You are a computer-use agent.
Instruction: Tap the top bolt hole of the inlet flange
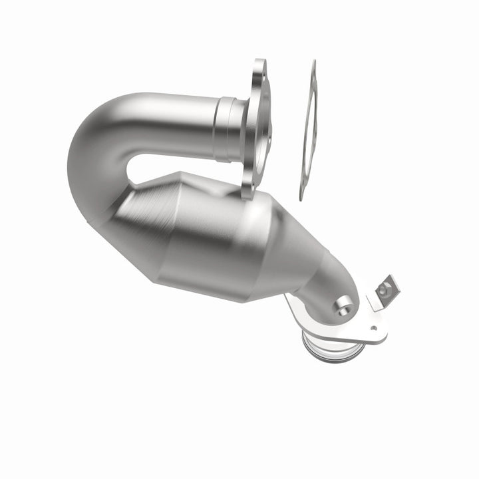pos(260,69)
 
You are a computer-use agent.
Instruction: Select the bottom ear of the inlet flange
pos(247,191)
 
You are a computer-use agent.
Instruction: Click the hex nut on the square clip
pos(384,289)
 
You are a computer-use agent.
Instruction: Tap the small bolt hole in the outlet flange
pos(373,327)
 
